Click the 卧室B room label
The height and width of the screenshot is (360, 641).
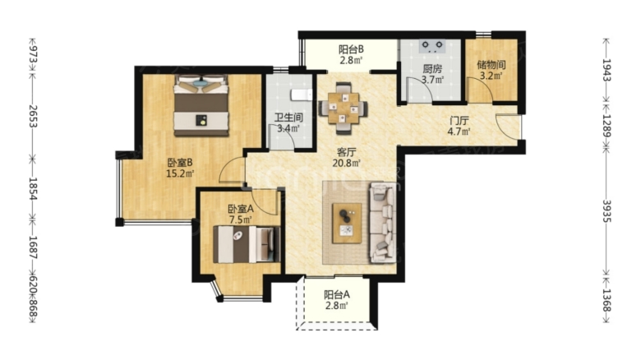click(179, 162)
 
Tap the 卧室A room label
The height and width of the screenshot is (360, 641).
click(241, 209)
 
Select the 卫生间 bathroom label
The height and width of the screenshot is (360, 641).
click(288, 117)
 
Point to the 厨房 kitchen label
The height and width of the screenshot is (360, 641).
click(432, 69)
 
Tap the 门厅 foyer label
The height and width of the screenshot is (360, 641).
click(458, 120)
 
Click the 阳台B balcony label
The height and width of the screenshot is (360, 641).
click(351, 48)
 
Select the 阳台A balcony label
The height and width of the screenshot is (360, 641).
click(336, 294)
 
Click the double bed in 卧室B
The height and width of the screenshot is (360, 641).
click(200, 105)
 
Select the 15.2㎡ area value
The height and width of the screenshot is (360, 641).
click(179, 173)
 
